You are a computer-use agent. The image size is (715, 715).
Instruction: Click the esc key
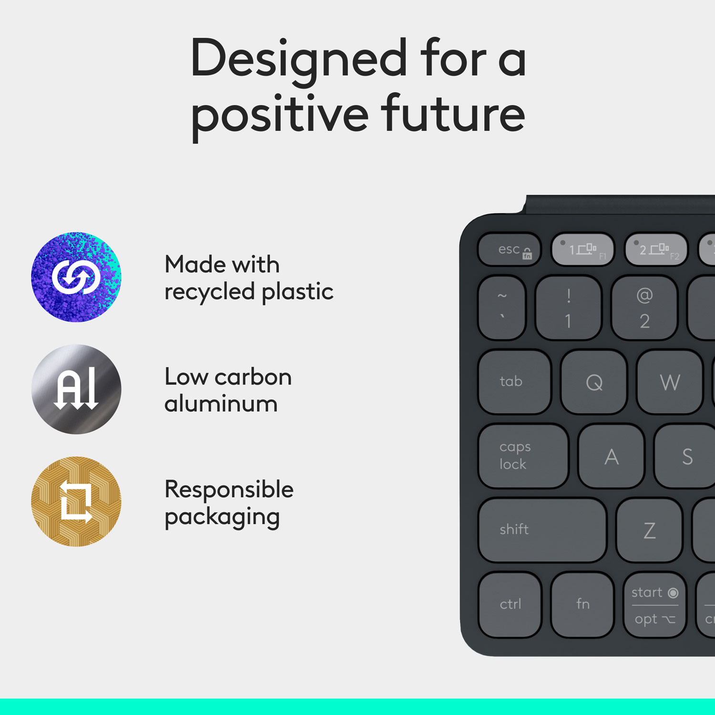click(510, 249)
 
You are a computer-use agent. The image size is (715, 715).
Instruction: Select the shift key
click(542, 530)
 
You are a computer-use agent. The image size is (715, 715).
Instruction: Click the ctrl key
click(510, 604)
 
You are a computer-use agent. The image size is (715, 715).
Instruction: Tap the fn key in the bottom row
click(582, 604)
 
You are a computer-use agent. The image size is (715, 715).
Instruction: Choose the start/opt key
click(654, 605)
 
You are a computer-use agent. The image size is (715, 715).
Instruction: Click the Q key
click(594, 382)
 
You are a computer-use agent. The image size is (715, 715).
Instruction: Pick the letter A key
click(611, 457)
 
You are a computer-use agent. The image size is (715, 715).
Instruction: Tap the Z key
click(649, 530)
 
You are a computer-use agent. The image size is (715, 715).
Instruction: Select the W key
click(670, 382)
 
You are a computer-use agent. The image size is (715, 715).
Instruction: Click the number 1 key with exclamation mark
click(568, 308)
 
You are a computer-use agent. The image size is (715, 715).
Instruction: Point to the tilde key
click(502, 308)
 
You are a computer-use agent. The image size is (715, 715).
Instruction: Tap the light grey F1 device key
click(582, 249)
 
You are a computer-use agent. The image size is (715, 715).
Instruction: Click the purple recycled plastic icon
click(76, 277)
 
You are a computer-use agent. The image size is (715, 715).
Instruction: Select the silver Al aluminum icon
click(76, 389)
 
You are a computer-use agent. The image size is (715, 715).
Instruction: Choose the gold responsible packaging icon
click(76, 501)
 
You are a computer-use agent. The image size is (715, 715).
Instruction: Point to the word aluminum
click(221, 404)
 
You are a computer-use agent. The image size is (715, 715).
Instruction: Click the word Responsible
click(229, 490)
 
